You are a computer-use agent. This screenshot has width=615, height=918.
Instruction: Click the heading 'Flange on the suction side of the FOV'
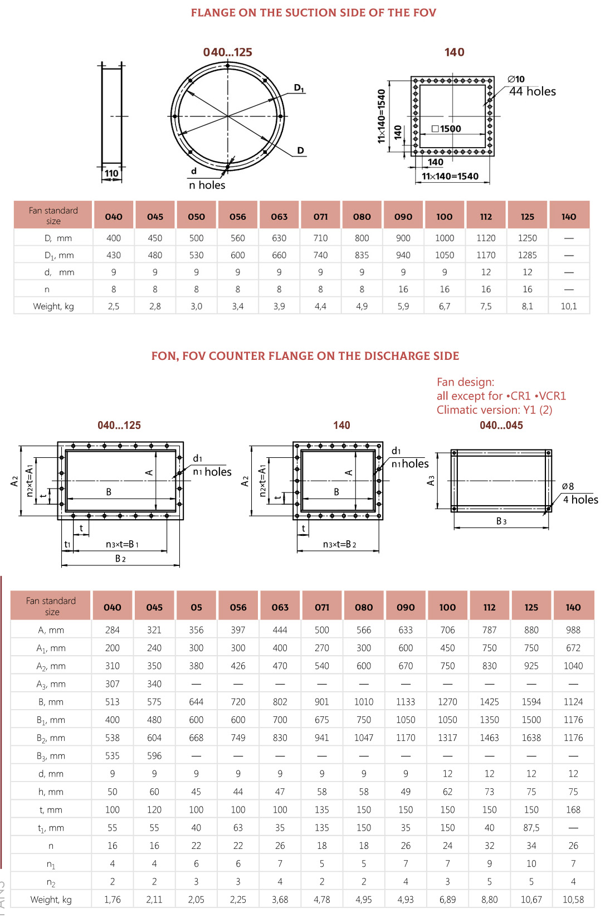[x=314, y=13]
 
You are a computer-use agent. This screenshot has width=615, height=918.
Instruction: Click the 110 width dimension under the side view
[x=111, y=173]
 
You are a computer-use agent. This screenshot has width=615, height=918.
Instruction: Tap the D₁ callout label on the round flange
[x=299, y=87]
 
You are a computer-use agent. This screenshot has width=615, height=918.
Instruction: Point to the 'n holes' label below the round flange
[x=207, y=185]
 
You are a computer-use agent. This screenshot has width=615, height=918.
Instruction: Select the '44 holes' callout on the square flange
[x=533, y=91]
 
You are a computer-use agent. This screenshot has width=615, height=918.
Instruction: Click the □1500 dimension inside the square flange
[x=447, y=129]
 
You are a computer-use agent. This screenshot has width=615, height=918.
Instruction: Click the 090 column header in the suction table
[x=403, y=216]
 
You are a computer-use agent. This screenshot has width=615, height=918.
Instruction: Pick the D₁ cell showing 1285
[x=528, y=255]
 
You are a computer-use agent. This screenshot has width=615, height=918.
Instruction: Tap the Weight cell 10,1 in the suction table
[x=569, y=306]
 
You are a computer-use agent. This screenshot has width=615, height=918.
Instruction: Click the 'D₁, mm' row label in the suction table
[x=59, y=255]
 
